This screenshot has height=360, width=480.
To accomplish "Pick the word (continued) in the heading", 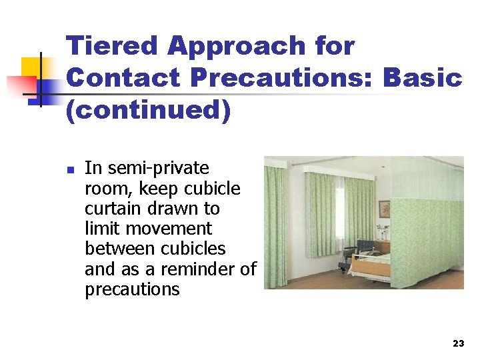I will (x=148, y=110).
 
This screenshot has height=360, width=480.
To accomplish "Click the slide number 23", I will (x=458, y=343).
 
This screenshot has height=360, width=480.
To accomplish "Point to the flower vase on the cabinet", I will (x=383, y=232).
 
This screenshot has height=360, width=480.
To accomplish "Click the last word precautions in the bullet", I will (x=132, y=289).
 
